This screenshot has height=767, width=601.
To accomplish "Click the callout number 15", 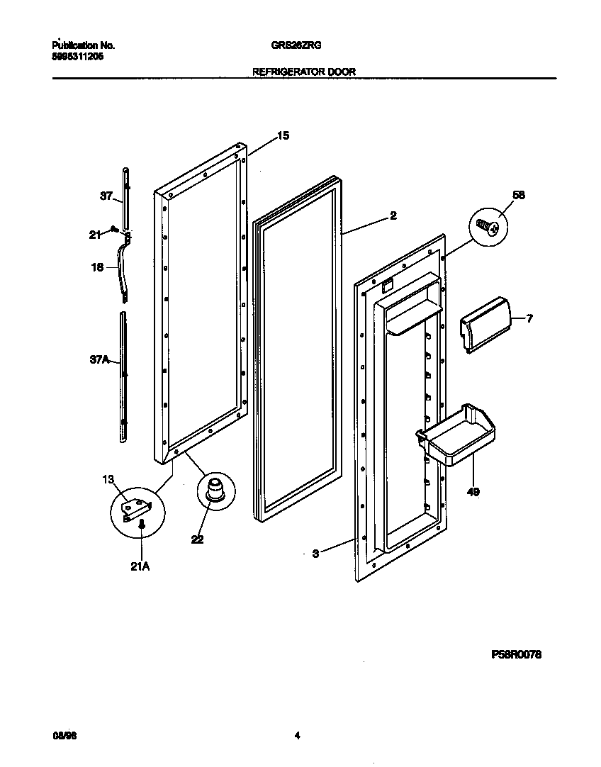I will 283,135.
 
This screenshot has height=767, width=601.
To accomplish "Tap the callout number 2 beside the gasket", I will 393,216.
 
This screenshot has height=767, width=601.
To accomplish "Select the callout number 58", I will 519,195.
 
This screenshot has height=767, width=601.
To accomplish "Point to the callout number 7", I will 529,319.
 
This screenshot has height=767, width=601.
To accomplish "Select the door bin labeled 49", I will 456,435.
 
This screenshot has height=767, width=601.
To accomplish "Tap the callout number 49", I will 473,491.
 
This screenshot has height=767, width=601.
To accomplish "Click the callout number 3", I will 315,554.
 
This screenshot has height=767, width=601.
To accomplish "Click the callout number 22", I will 197,539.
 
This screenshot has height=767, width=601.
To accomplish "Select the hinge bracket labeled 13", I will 137,508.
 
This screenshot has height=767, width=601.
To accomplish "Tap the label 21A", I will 141,566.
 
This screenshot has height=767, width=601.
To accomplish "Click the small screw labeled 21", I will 113,229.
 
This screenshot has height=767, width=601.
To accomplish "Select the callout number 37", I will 106,196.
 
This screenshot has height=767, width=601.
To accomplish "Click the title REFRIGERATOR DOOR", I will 304,71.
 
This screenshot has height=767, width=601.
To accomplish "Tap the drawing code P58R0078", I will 516,656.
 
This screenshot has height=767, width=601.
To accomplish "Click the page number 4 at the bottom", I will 298,737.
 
